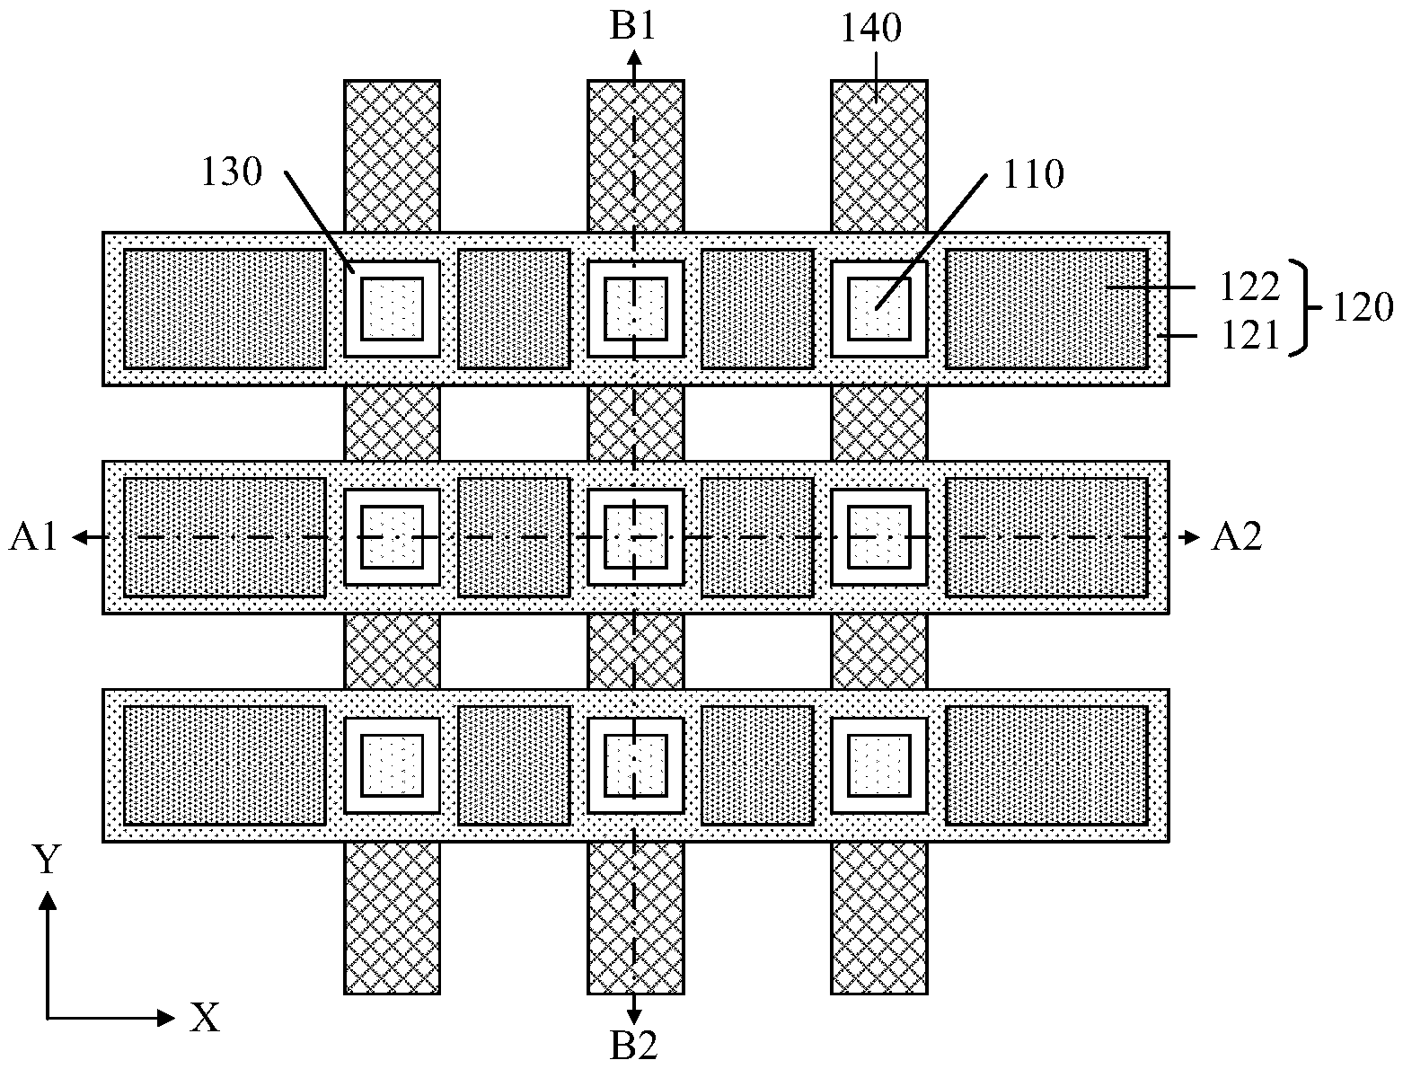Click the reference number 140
pos(870,28)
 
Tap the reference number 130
pos(232,172)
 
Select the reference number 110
pos(1034,173)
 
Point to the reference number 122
pos(1249,287)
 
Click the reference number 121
pos(1249,335)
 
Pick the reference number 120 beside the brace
pos(1363,308)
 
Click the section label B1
pos(633,27)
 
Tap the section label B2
pos(633,1046)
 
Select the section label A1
pos(33,536)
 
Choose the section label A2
pos(1237,536)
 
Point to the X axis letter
pos(205,1018)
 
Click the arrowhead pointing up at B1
pos(633,59)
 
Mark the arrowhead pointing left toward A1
pos(81,538)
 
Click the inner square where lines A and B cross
pos(635,536)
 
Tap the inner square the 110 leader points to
pos(878,309)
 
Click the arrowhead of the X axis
pos(165,1018)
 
